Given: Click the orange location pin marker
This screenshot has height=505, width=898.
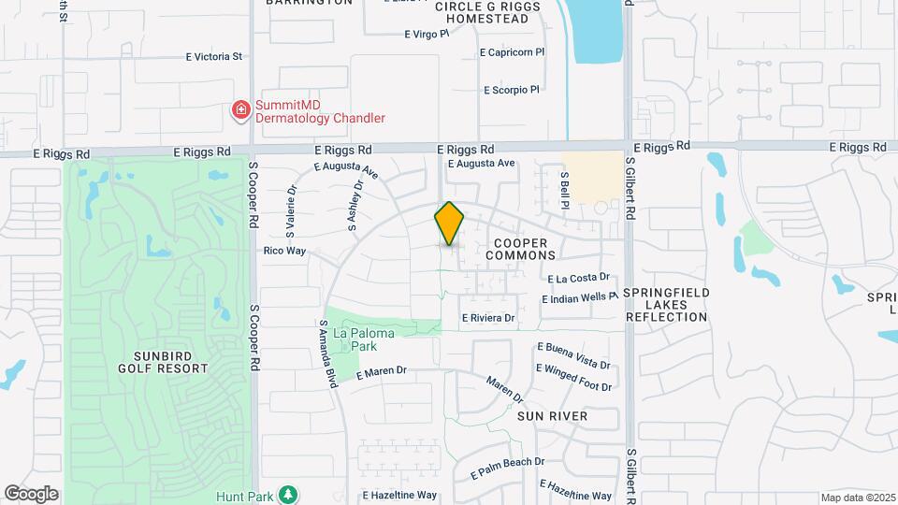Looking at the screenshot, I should (449, 224).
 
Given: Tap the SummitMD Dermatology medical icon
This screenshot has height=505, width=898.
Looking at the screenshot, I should (241, 111).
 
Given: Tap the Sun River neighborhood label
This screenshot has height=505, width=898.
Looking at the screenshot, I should (552, 415).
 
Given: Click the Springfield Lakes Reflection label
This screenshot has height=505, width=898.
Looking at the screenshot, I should (667, 305).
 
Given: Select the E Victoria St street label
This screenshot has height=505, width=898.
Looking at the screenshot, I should (214, 57).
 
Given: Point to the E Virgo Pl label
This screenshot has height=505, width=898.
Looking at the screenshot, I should (427, 35).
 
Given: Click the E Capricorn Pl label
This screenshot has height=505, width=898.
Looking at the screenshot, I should (512, 53).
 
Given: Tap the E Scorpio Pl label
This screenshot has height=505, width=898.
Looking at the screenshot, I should (512, 91).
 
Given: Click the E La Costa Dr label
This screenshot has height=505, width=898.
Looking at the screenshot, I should (578, 278).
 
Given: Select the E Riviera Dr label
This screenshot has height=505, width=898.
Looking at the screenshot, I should (487, 318).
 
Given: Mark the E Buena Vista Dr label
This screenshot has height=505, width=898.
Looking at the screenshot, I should (573, 353).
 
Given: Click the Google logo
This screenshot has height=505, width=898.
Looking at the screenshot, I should (31, 493).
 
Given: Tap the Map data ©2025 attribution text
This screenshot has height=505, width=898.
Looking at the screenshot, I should (858, 498).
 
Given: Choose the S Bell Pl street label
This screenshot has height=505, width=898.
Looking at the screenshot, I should (565, 183).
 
